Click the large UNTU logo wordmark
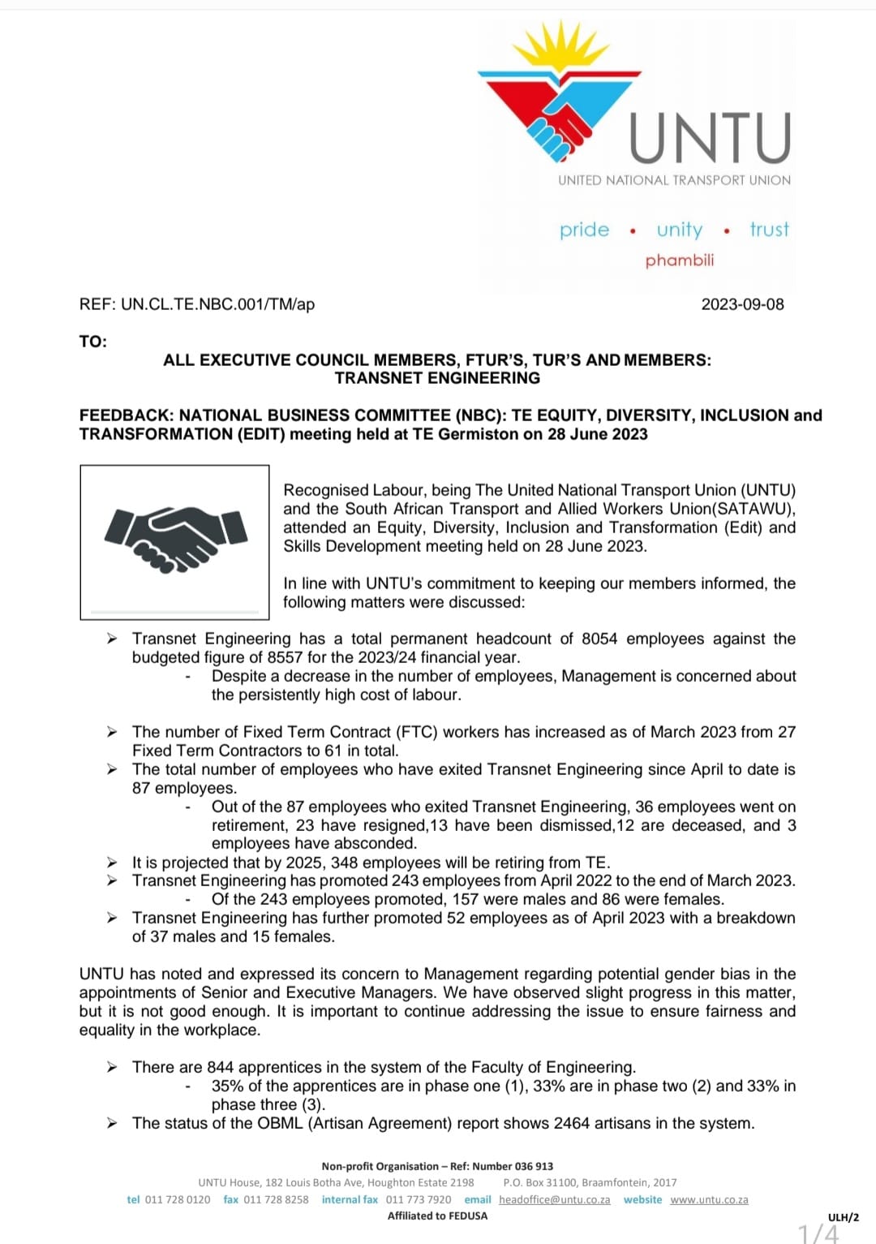click(x=710, y=138)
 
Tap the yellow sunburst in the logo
click(x=560, y=49)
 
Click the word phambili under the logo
click(x=680, y=260)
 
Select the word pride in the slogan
click(x=584, y=230)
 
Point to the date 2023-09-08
click(x=742, y=304)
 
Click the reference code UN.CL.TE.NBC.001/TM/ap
click(x=217, y=304)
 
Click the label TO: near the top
click(x=93, y=342)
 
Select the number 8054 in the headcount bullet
click(x=599, y=639)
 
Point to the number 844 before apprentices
click(x=220, y=1067)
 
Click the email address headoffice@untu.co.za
click(x=554, y=1199)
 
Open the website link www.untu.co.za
click(x=709, y=1199)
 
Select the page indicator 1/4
click(x=818, y=1233)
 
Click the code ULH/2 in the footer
click(x=843, y=1217)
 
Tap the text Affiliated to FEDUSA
click(x=437, y=1216)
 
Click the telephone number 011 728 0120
click(x=177, y=1199)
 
